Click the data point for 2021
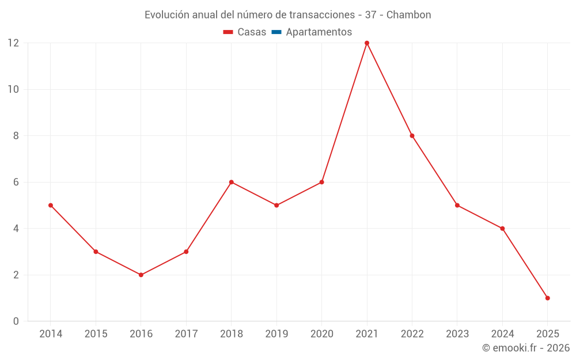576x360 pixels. [x=367, y=43]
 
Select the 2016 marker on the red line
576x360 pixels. [x=141, y=275]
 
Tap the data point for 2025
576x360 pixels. [x=547, y=298]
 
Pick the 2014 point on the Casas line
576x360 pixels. [x=51, y=205]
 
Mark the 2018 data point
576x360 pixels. [x=232, y=182]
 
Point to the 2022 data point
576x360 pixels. [x=412, y=136]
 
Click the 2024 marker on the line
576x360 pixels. [x=502, y=229]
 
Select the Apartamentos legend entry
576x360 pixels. [x=319, y=32]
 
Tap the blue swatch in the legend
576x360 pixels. [x=276, y=32]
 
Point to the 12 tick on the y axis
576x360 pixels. [x=13, y=43]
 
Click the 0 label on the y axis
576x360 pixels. [x=16, y=321]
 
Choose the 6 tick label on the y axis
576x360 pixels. [x=16, y=182]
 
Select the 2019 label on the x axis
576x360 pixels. [x=276, y=334]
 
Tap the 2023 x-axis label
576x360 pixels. [x=457, y=334]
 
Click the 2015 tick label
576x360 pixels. [x=96, y=334]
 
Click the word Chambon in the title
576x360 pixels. [x=409, y=15]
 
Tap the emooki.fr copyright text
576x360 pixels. [x=526, y=348]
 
